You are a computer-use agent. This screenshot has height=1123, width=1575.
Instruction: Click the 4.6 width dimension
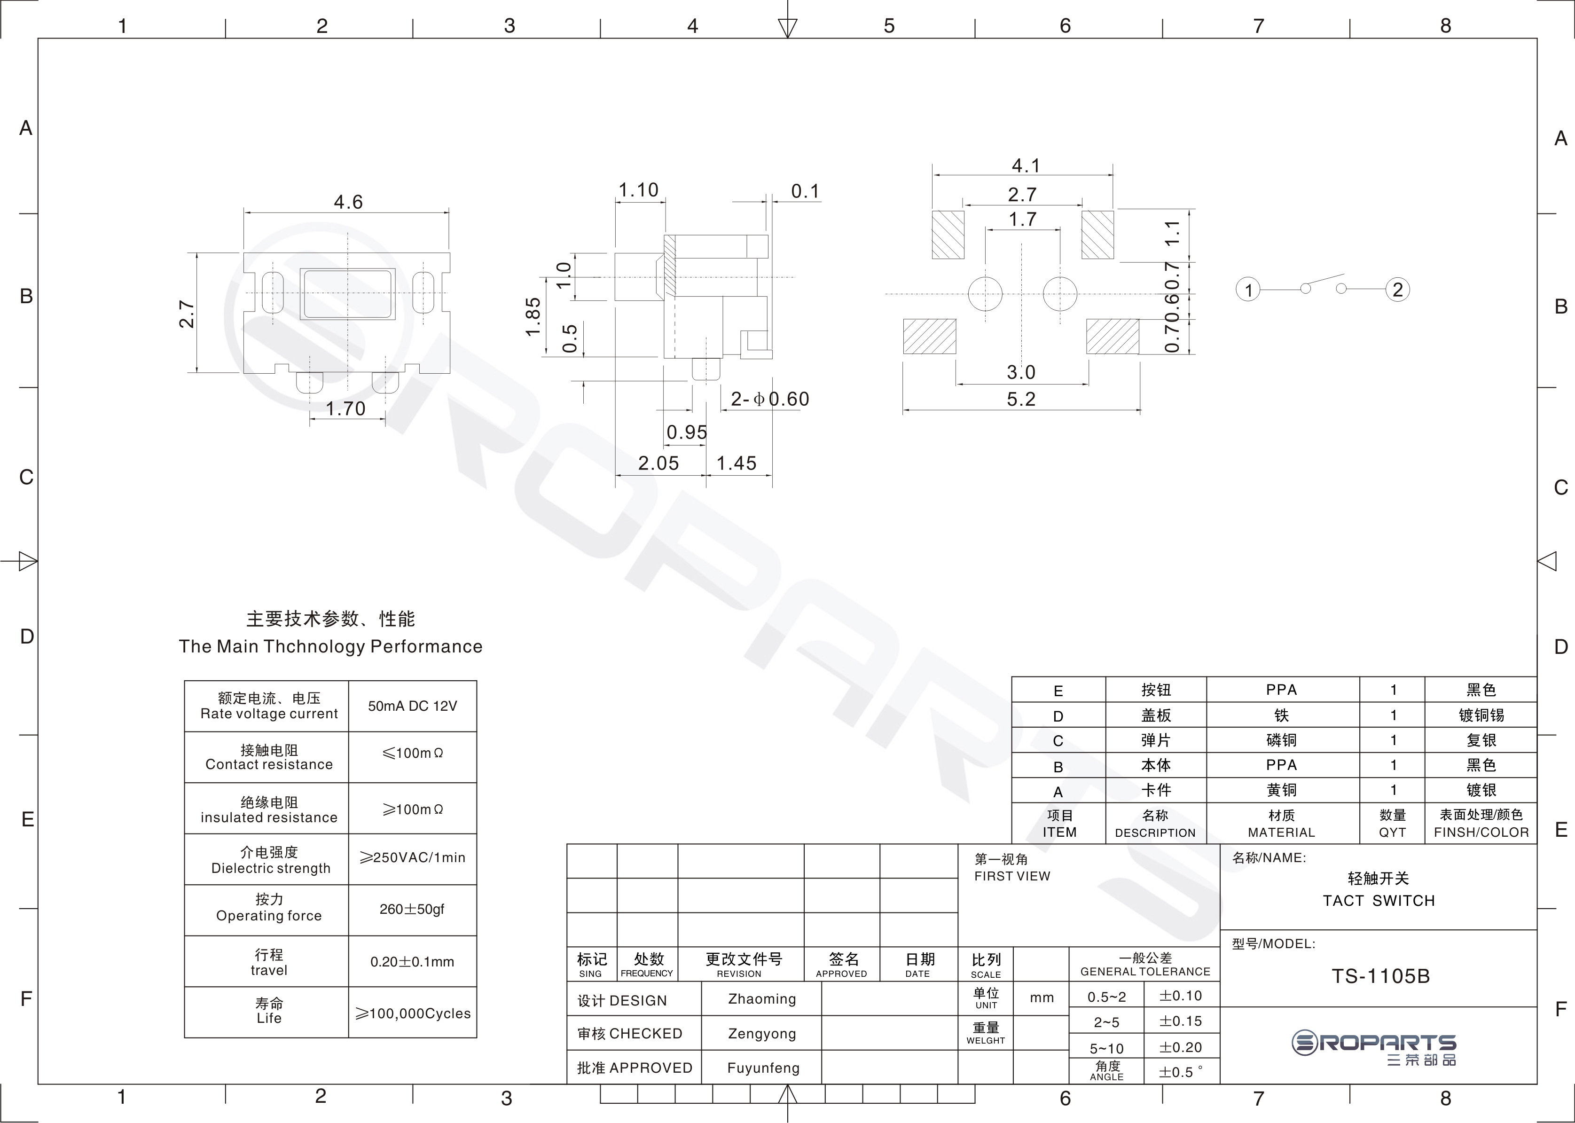click(x=348, y=202)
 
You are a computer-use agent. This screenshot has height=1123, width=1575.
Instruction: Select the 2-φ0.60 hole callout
click(x=769, y=399)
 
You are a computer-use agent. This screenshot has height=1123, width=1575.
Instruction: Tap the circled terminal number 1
click(x=1248, y=290)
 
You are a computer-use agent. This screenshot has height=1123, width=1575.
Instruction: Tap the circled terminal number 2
click(x=1397, y=290)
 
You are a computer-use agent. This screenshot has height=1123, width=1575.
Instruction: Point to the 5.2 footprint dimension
click(x=1021, y=400)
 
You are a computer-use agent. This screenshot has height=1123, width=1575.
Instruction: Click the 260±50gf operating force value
click(x=412, y=909)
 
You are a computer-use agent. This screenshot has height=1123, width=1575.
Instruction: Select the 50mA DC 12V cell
click(x=412, y=706)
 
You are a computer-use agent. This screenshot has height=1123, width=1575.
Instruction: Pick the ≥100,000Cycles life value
click(x=413, y=1014)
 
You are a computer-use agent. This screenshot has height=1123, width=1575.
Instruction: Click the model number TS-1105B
click(x=1380, y=976)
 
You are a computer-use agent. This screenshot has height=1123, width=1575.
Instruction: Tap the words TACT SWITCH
click(x=1379, y=900)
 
